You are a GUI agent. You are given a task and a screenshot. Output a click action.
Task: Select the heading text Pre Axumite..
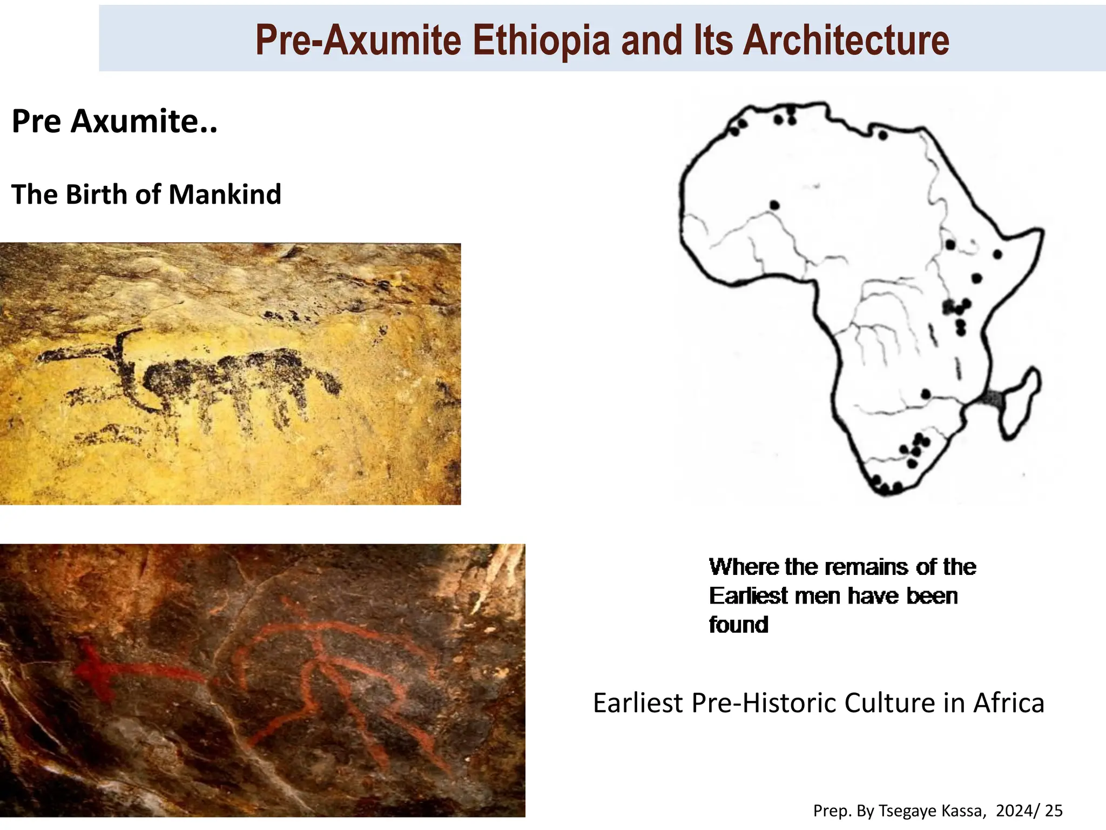coord(114,121)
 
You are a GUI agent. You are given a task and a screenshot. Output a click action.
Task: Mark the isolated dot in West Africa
coord(774,205)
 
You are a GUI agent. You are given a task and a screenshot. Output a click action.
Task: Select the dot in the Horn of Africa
coord(997,254)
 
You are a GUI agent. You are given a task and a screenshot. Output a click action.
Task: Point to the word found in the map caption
coord(738,625)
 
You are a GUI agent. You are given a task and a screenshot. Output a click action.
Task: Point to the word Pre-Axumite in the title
coord(358,41)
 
